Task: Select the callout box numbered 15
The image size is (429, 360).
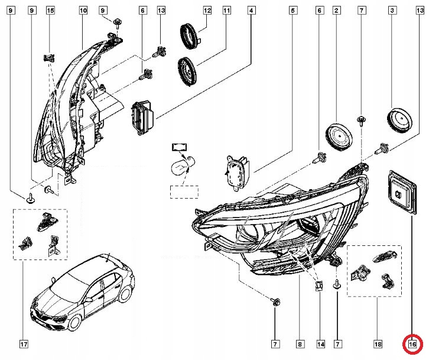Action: [x=50, y=11]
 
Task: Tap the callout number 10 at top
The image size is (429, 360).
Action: [x=82, y=11]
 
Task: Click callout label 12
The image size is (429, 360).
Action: [x=207, y=11]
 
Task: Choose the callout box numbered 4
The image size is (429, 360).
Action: [x=252, y=11]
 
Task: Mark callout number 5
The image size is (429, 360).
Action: [x=292, y=11]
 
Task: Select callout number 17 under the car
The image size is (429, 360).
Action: [x=23, y=343]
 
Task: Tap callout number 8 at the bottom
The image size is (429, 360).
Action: [x=300, y=343]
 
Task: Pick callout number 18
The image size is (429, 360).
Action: [x=378, y=343]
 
